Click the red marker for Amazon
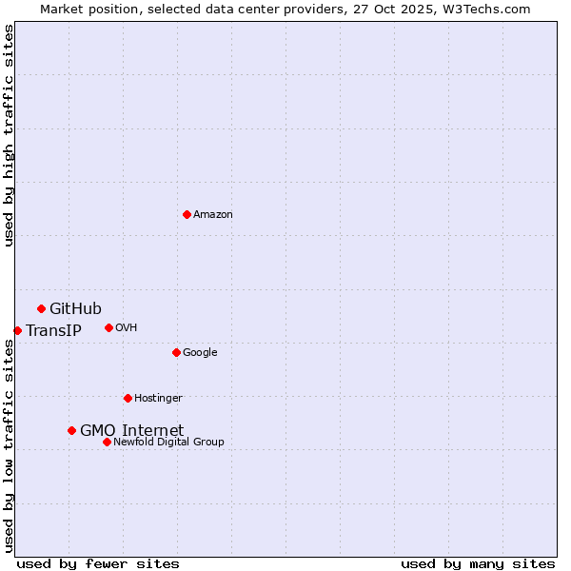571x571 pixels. click(x=187, y=214)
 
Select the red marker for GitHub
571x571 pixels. click(x=41, y=308)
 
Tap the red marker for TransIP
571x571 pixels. click(x=17, y=330)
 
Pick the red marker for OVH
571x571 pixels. click(x=108, y=327)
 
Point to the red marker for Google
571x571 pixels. click(x=176, y=352)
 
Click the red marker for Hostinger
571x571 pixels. click(x=128, y=398)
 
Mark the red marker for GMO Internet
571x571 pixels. click(x=71, y=430)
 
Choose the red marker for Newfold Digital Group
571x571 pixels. click(x=107, y=442)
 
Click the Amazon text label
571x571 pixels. click(x=213, y=215)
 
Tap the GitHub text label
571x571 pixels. click(x=75, y=308)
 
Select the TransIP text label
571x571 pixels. click(x=53, y=331)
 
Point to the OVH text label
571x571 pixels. click(x=127, y=328)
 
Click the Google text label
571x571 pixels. click(x=200, y=353)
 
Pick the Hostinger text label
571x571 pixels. click(x=158, y=399)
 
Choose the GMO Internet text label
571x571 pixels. click(x=131, y=431)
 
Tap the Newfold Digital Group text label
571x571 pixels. click(x=168, y=443)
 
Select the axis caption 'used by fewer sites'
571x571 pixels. click(x=98, y=563)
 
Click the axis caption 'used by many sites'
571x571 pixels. click(x=478, y=563)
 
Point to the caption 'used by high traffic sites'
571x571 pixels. click(x=9, y=135)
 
